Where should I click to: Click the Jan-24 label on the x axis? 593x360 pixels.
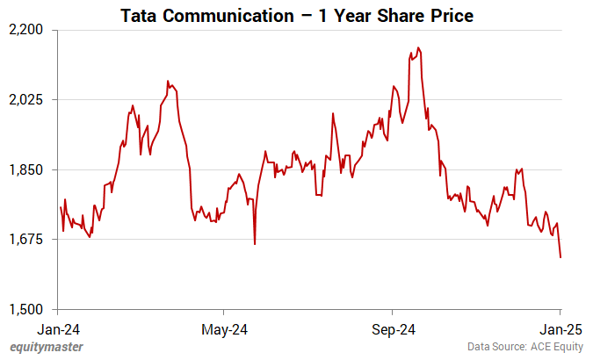pyautogui.click(x=58, y=330)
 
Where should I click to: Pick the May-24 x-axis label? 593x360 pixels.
pyautogui.click(x=224, y=330)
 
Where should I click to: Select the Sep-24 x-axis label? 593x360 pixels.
pyautogui.click(x=391, y=330)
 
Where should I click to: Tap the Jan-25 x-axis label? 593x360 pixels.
pyautogui.click(x=560, y=330)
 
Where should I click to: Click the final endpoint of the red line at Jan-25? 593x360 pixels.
pyautogui.click(x=560, y=257)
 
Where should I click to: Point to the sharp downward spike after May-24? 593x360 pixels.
pyautogui.click(x=255, y=244)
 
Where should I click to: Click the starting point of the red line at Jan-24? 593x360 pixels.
pyautogui.click(x=60, y=207)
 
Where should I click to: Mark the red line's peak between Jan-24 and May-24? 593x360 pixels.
pyautogui.click(x=168, y=82)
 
